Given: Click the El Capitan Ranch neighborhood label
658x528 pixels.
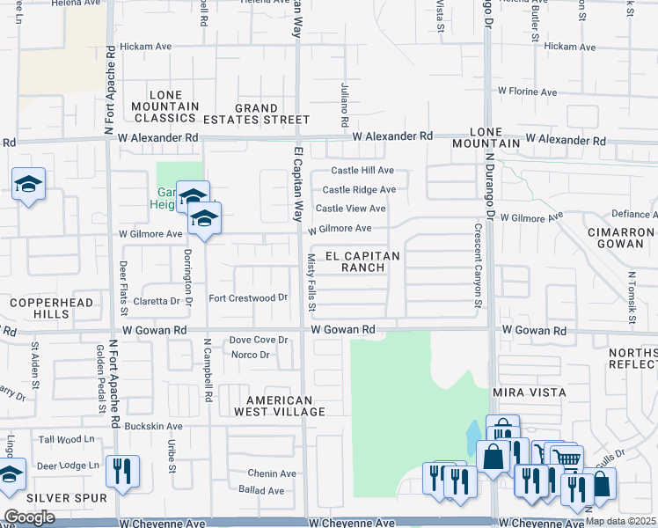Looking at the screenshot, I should coord(363,261).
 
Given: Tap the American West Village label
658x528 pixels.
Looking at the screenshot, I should coord(274,406).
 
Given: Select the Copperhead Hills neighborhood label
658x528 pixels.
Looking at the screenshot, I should coord(39,308).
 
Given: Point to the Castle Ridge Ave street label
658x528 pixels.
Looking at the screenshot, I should coord(358,189).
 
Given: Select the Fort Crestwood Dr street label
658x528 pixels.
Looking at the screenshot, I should coord(248,297).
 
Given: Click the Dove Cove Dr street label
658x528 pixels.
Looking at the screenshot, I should coord(259,340).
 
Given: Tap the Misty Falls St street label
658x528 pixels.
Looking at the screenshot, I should coord(311,282).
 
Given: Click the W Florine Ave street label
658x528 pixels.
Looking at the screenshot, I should coord(527,92).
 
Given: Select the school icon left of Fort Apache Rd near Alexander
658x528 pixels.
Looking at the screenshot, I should coord(28,184).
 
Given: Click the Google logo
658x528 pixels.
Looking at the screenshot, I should coord(29,517).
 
